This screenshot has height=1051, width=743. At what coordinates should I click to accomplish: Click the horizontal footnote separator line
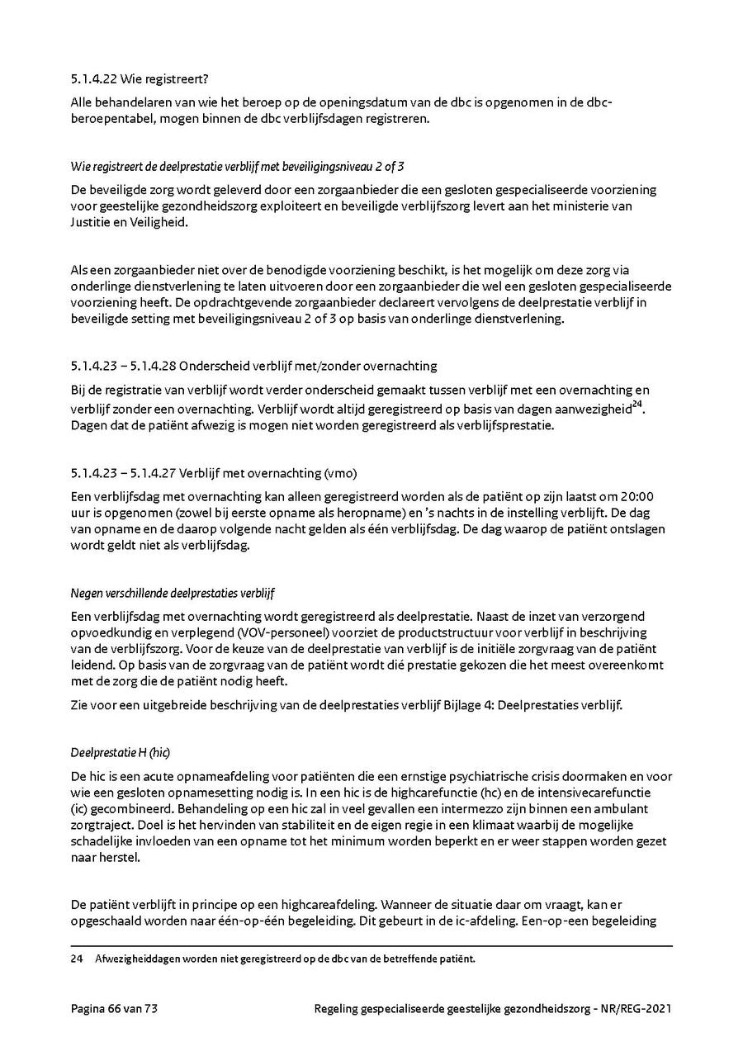click(371, 946)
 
